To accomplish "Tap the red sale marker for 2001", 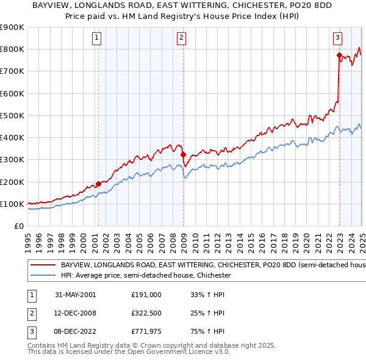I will [98, 184].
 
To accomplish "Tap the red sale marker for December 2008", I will [183, 154].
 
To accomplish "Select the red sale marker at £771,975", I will [339, 55].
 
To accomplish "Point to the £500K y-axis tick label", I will [12, 115].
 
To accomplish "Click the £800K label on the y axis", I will [12, 49].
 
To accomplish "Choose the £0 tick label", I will [20, 226].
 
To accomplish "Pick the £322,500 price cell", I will [146, 314].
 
